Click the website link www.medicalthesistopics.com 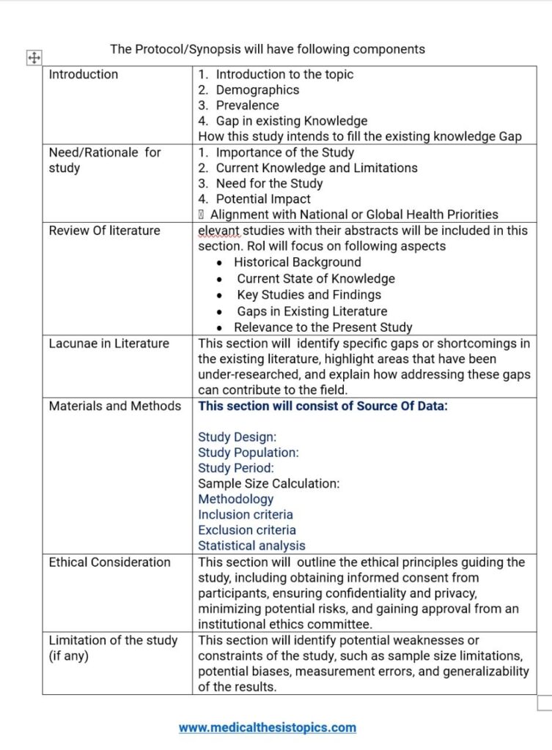point(267,727)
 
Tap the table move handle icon point(34,58)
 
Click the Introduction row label point(83,74)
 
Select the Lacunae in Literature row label point(108,344)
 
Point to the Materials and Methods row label point(114,406)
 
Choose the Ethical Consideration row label point(109,562)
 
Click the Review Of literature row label point(104,230)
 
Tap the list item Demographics point(257,90)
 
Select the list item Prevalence point(247,105)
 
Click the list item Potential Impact point(263,198)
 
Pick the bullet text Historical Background point(297,262)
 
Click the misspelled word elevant point(218,230)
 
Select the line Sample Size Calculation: point(269,483)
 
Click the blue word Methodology point(235,499)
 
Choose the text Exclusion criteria point(247,530)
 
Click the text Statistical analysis point(251,545)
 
